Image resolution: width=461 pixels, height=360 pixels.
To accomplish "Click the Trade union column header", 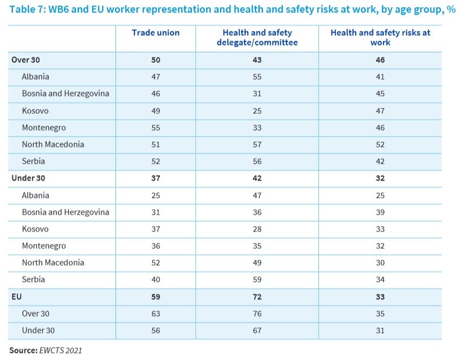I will tap(156, 33).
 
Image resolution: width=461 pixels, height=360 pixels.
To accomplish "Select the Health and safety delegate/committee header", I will tap(260, 37).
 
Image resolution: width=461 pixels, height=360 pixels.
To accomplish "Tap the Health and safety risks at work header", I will tap(380, 37).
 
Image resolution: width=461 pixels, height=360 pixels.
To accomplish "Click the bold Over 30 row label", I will tap(25, 60).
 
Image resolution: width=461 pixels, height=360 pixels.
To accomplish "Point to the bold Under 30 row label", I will tap(28, 178).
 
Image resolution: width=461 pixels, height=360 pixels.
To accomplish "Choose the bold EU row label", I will tap(16, 297).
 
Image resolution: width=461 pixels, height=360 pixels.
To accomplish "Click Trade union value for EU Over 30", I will tap(156, 313).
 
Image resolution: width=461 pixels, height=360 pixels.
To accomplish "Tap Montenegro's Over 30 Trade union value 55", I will tap(156, 127).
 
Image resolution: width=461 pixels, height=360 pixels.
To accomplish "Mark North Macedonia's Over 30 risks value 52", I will tap(380, 144).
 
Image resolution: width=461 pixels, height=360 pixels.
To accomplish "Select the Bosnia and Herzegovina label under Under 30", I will tap(65, 212).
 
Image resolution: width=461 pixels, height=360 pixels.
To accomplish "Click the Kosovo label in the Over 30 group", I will tap(35, 111).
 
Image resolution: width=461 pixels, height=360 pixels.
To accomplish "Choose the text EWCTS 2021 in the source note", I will tap(60, 350).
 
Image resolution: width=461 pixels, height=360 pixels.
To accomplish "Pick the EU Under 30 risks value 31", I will tap(380, 330).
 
